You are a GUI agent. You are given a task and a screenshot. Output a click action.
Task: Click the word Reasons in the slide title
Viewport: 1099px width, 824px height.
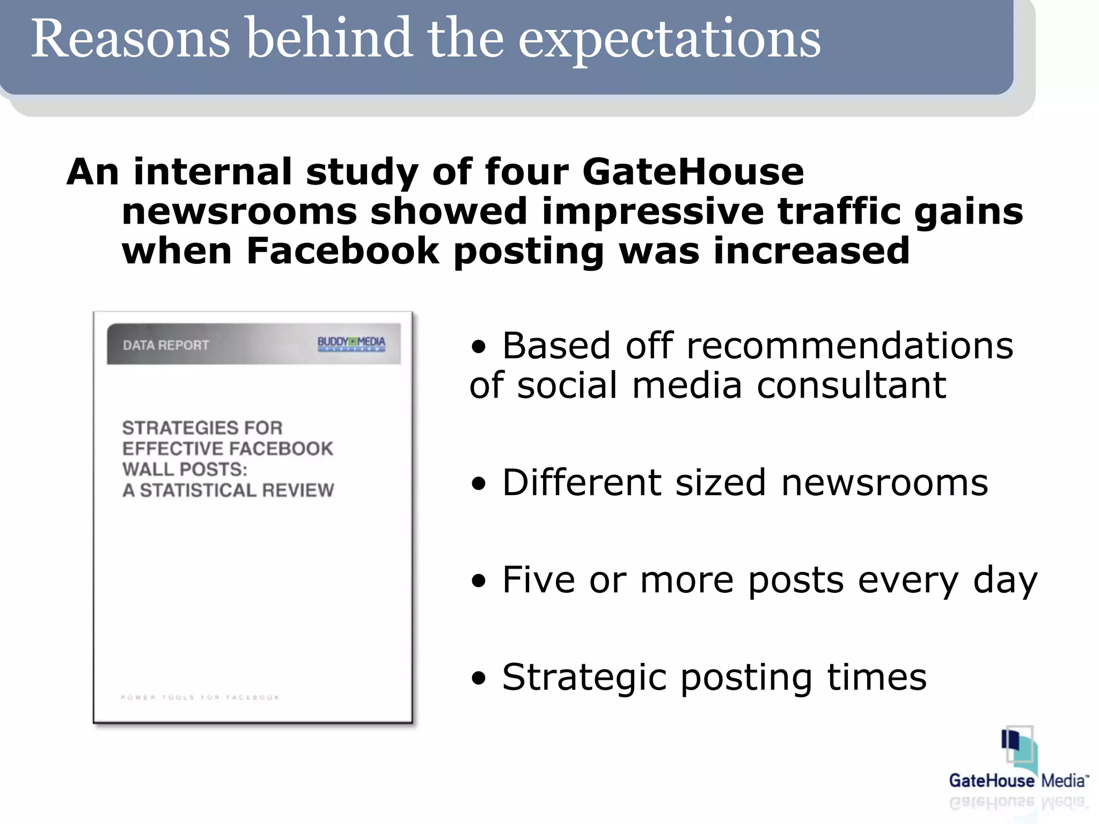point(130,39)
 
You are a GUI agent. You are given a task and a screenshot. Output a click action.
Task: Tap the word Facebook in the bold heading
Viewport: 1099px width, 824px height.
point(342,251)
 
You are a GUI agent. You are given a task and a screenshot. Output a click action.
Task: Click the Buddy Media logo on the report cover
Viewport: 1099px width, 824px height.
point(351,343)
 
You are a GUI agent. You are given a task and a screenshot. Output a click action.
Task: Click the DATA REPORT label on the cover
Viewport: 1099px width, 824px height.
point(166,345)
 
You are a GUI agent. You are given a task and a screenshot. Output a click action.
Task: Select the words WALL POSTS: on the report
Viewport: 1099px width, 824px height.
point(185,469)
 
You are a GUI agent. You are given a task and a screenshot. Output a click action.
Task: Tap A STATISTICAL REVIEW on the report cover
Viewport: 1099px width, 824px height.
point(228,490)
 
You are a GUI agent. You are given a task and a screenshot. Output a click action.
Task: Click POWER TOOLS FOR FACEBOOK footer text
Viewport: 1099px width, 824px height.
point(200,697)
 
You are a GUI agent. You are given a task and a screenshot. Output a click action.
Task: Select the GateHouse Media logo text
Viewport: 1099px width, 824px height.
point(1018,781)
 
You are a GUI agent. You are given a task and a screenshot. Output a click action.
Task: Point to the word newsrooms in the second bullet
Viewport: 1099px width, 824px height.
point(884,483)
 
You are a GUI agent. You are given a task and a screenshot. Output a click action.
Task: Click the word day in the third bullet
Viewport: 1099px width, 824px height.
point(1005,581)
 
